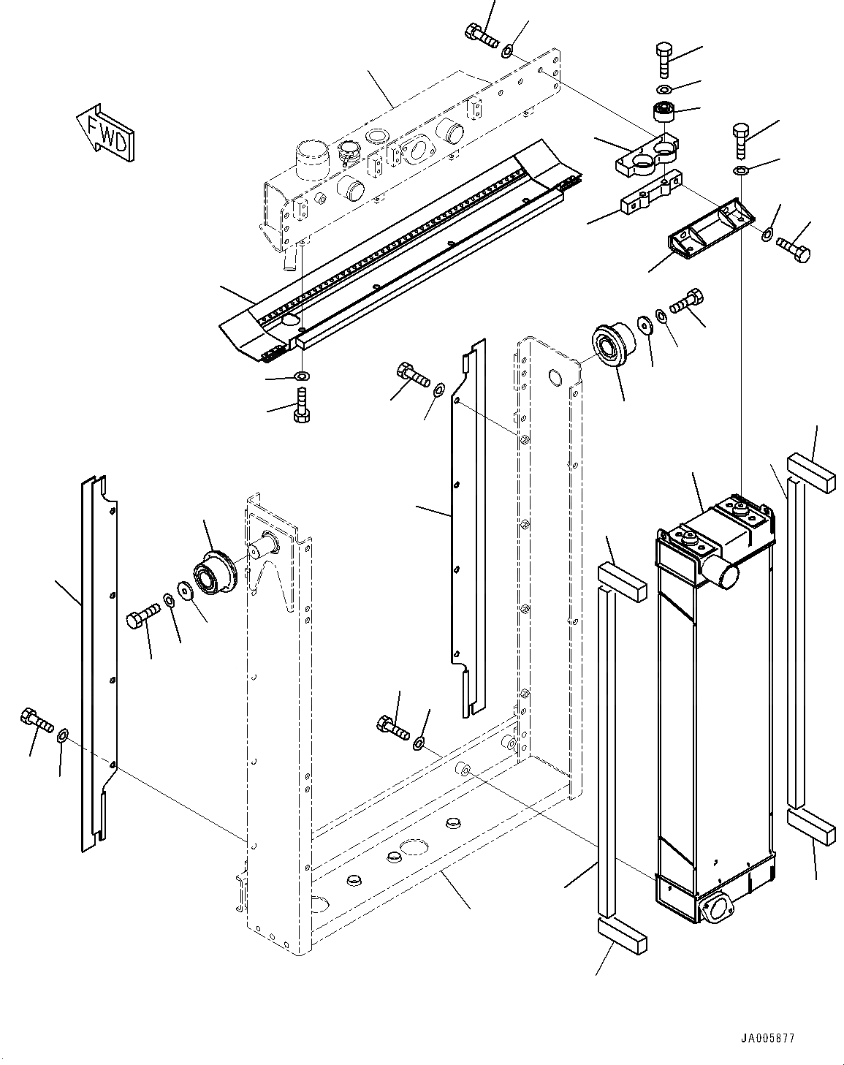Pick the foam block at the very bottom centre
point(622,936)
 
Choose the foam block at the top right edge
point(809,474)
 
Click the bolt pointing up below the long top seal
point(301,405)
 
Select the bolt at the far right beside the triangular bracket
point(794,249)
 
